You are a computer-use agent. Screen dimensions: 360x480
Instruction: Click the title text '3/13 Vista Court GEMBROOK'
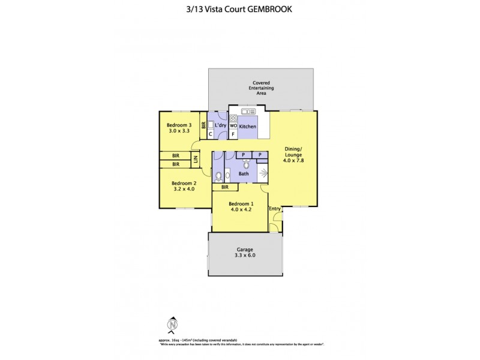point(239,9)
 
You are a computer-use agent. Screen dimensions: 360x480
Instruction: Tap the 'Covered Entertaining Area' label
point(262,88)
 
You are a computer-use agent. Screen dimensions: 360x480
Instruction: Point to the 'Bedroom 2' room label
point(184,186)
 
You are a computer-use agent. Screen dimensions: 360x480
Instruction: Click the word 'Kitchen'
point(248,127)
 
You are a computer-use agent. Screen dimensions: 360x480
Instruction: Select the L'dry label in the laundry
point(220,125)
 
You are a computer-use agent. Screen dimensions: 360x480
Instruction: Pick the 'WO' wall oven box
point(233,126)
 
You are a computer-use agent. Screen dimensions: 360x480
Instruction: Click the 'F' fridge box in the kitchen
point(233,134)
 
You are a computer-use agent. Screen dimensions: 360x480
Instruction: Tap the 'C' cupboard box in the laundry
point(210,134)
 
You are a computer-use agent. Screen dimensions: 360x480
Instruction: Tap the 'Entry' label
point(275,209)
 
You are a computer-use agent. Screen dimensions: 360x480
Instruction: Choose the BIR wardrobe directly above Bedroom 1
point(225,187)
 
